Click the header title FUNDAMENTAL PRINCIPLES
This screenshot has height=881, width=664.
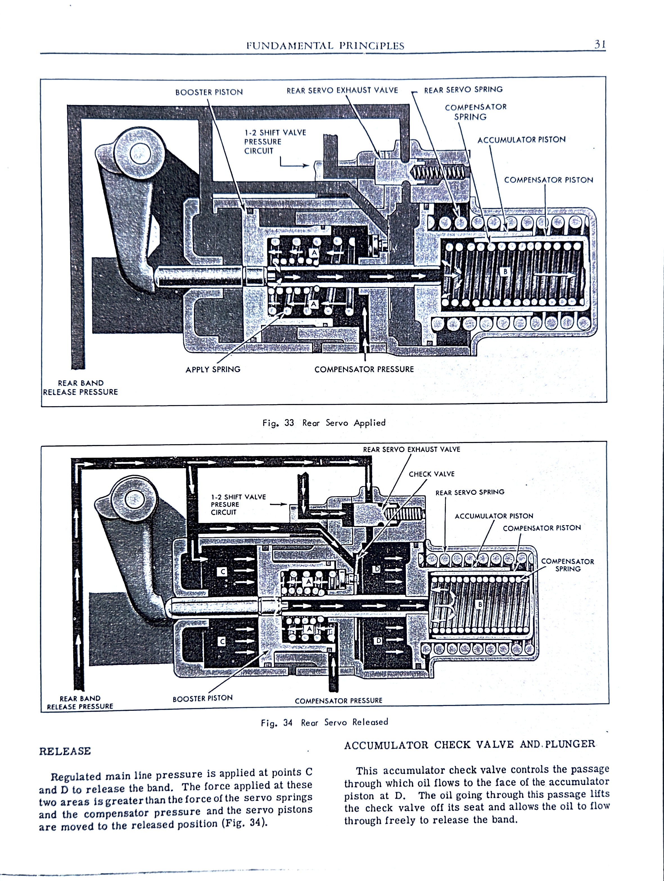325,46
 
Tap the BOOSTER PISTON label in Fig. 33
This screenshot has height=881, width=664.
209,92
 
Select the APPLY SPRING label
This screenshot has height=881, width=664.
213,370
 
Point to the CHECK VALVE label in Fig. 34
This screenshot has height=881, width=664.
432,474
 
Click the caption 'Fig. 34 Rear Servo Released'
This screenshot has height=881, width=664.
324,722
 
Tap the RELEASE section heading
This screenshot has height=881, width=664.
65,751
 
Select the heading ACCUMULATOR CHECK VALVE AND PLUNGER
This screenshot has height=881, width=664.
470,744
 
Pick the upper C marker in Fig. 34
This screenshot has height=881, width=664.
223,572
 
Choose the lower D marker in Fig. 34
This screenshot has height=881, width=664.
378,641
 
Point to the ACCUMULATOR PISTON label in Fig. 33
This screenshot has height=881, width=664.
521,140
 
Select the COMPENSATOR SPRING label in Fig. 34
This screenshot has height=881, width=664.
567,565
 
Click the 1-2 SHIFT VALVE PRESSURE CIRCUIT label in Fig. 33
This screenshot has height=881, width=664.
275,141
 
